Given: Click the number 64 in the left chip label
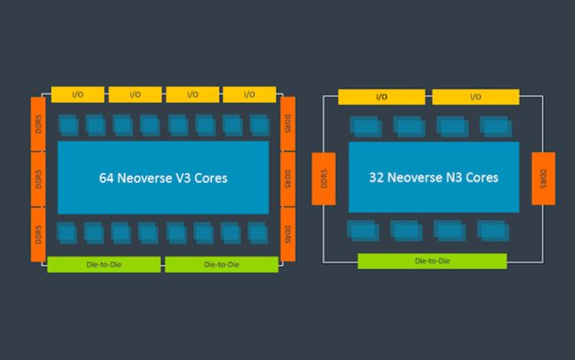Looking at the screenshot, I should pyautogui.click(x=108, y=178).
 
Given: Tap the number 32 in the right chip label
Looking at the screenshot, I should pyautogui.click(x=378, y=178).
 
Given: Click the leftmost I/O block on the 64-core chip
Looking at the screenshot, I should pyautogui.click(x=78, y=94).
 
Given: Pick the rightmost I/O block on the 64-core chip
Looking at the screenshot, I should pyautogui.click(x=249, y=94).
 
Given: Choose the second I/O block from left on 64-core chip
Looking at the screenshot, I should pyautogui.click(x=134, y=94).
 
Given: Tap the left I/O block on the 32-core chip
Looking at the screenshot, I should pyautogui.click(x=381, y=96).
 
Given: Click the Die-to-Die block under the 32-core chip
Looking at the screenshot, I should pyautogui.click(x=432, y=261).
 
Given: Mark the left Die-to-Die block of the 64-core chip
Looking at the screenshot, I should pyautogui.click(x=103, y=264).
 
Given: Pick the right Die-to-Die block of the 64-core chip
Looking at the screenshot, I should pyautogui.click(x=221, y=264).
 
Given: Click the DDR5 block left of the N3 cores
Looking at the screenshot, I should pyautogui.click(x=324, y=178).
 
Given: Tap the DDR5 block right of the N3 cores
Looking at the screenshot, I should pyautogui.click(x=542, y=178).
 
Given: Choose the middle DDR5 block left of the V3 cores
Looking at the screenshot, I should pyautogui.click(x=38, y=178).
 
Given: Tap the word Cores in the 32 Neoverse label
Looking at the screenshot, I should pyautogui.click(x=477, y=178).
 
